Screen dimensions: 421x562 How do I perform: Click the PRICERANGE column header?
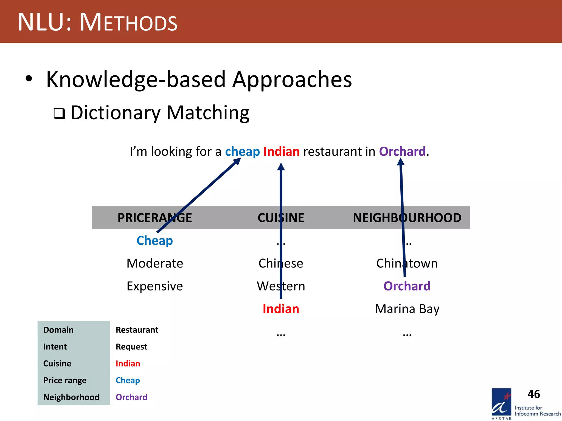(x=154, y=218)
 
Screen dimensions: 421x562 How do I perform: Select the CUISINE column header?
(x=281, y=218)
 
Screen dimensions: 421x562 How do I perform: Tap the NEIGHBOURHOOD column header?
(x=407, y=218)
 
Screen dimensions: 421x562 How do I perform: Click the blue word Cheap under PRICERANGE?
(x=154, y=241)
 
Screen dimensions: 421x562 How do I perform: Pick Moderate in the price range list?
(x=154, y=263)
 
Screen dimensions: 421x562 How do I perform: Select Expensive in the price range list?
(x=154, y=286)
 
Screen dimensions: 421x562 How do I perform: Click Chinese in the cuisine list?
(x=281, y=263)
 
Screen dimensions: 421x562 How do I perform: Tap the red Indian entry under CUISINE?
(x=281, y=309)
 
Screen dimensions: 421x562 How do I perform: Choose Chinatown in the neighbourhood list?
(x=407, y=263)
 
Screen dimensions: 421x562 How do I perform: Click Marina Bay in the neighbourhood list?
(x=407, y=309)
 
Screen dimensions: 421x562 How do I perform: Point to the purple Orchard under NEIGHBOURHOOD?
(x=407, y=286)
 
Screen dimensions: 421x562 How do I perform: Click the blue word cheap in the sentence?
(x=242, y=152)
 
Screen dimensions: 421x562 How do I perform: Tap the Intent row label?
(x=55, y=347)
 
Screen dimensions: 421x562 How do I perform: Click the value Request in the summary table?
(x=131, y=347)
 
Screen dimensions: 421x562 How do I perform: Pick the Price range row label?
(x=65, y=380)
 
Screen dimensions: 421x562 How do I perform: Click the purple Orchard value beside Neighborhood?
(x=131, y=397)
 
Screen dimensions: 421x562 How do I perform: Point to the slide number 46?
(x=533, y=394)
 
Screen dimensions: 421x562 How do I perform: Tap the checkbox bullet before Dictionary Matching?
(x=59, y=113)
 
